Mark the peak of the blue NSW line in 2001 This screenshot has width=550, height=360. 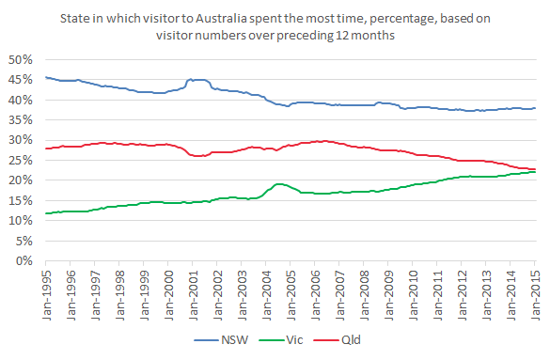point(197,80)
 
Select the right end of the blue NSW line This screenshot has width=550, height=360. point(535,108)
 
